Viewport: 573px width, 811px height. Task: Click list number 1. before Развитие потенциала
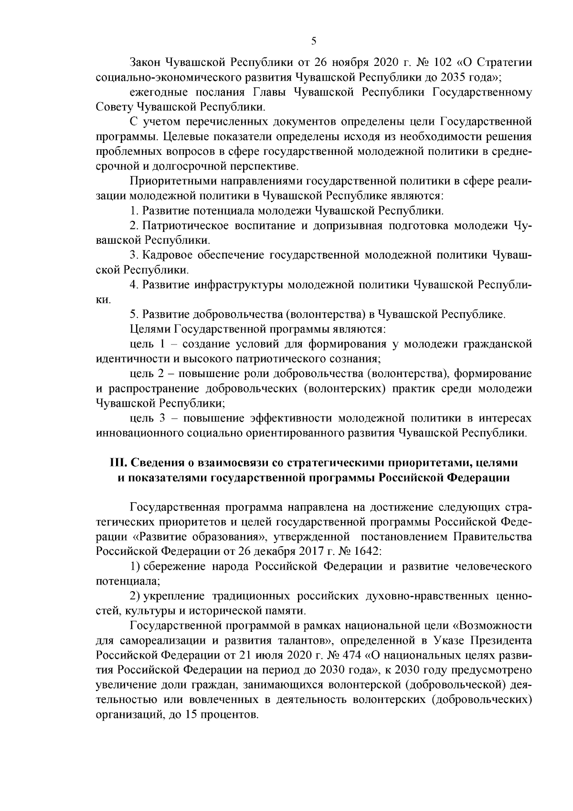tap(134, 211)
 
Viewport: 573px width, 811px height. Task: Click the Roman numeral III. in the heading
tap(118, 463)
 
